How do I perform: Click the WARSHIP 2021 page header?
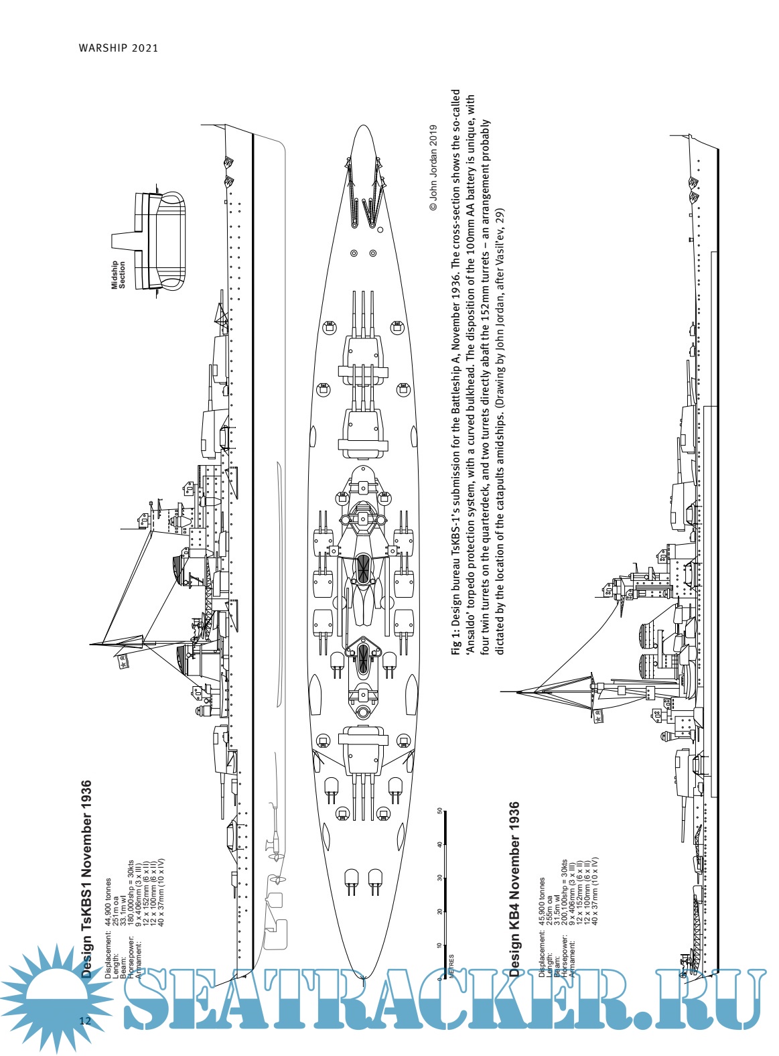pos(118,48)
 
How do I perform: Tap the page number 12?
pos(84,1021)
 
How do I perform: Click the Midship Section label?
pos(118,275)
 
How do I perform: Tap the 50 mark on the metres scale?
pos(439,811)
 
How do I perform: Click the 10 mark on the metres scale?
pos(439,945)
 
